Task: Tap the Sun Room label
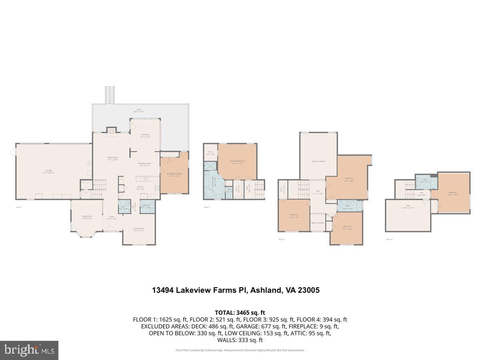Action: coord(145,136)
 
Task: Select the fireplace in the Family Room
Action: coord(112,130)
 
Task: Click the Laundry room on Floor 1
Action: coord(145,206)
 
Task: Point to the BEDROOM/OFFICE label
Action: coord(174,174)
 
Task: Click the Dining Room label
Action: coord(139,229)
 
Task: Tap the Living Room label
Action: coord(87,217)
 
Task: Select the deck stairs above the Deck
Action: coord(110,95)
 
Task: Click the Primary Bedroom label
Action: coord(237,162)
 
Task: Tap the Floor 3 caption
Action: coord(282,239)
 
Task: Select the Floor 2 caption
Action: coord(207,207)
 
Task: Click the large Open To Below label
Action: coord(318,161)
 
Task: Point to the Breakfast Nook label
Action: coord(144,164)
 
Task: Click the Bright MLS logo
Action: coord(29,350)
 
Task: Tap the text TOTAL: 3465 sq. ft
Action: coord(240,312)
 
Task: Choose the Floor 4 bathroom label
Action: coord(425,180)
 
